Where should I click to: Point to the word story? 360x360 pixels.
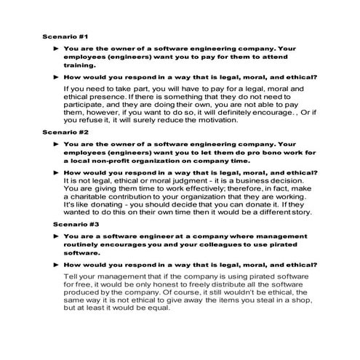click(299, 215)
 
